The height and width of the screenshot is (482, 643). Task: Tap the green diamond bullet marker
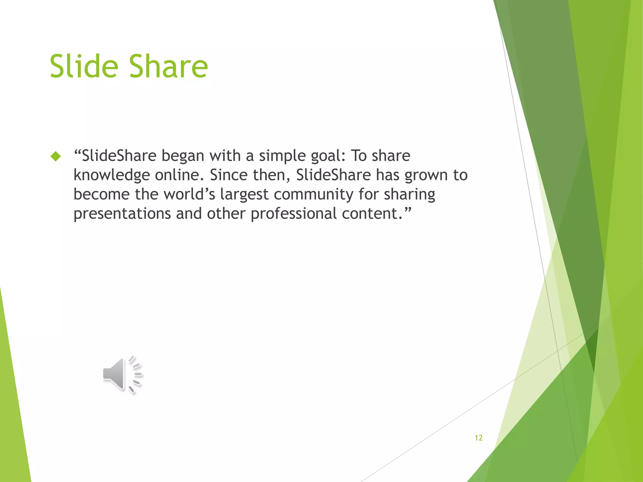pos(56,156)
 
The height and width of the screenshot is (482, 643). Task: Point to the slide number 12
pos(478,438)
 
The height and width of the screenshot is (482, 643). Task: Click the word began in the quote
pos(183,156)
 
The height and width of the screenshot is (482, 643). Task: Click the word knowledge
pos(111,175)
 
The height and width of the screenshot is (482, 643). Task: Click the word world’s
pos(189,194)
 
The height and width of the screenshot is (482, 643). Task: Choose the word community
pos(314,194)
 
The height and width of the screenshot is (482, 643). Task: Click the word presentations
pos(122,214)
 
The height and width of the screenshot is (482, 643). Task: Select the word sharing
pos(409,194)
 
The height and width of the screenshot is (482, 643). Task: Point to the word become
pos(101,194)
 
